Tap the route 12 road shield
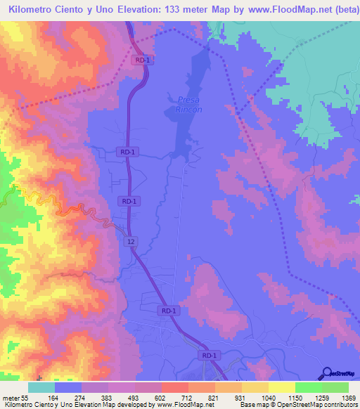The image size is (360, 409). pyautogui.click(x=131, y=241)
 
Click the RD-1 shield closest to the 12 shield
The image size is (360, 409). pyautogui.click(x=128, y=201)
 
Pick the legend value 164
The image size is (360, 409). pyautogui.click(x=54, y=397)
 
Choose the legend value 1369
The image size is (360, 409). pyautogui.click(x=340, y=397)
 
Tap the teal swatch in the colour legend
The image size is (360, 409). pyautogui.click(x=41, y=387)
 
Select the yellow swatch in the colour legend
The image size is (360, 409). pyautogui.click(x=281, y=387)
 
